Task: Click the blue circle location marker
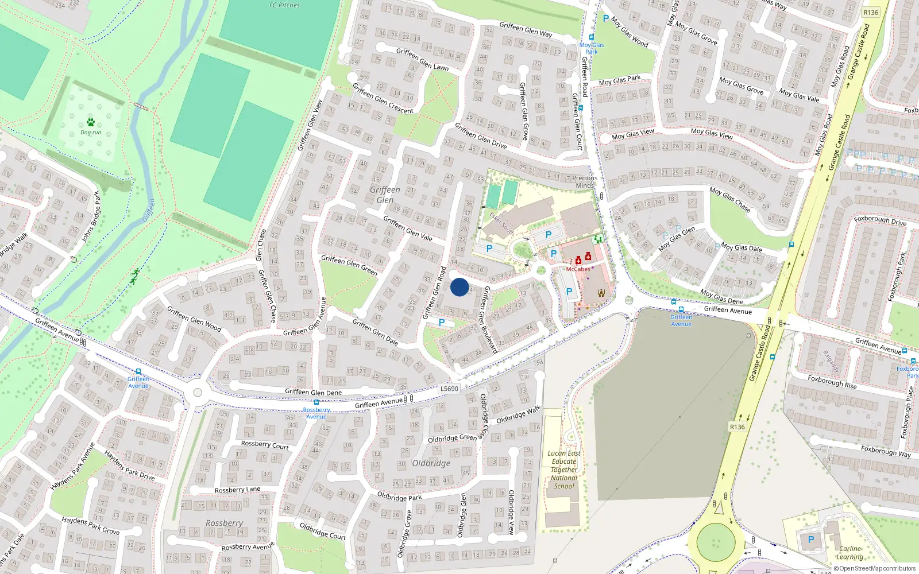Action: (x=459, y=287)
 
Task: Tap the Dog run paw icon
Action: (x=91, y=122)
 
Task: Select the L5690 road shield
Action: (x=449, y=389)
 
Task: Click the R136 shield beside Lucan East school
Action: (x=737, y=427)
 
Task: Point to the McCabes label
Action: (x=578, y=269)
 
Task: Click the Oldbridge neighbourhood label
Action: (x=431, y=463)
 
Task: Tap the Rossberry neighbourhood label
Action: (x=224, y=523)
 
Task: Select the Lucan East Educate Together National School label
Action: (x=564, y=470)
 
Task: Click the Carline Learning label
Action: (x=850, y=552)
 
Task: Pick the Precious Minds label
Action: (x=585, y=181)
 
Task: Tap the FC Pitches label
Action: (x=285, y=5)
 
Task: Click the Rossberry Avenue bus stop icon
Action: (x=316, y=403)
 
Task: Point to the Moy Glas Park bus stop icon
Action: (x=591, y=37)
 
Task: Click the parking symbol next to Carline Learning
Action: (x=811, y=540)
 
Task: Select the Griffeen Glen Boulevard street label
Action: (x=489, y=319)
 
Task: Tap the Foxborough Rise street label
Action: (x=832, y=382)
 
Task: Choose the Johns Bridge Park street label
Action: (x=91, y=216)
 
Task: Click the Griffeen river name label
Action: (x=149, y=210)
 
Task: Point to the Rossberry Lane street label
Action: (x=237, y=490)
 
